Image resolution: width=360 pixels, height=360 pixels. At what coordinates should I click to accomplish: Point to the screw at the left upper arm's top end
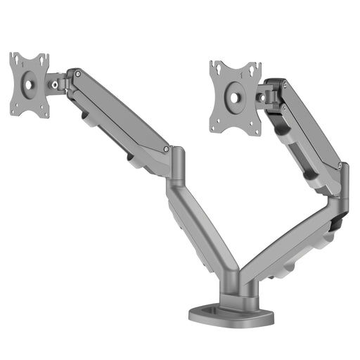pyautogui.click(x=78, y=72)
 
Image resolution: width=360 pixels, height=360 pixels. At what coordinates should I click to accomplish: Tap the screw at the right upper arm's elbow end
pyautogui.click(x=342, y=166)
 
